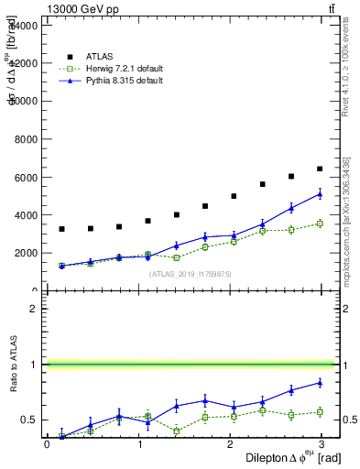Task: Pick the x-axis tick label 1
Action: coord(139,445)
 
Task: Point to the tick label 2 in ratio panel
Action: coord(33,309)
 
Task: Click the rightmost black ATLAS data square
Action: coord(320,169)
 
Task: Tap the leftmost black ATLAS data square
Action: coord(61,229)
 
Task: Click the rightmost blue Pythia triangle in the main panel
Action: coord(320,193)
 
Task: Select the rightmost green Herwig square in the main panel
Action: coord(320,223)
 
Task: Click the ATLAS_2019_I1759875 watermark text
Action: coord(191,273)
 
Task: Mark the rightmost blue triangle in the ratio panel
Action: coord(320,382)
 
